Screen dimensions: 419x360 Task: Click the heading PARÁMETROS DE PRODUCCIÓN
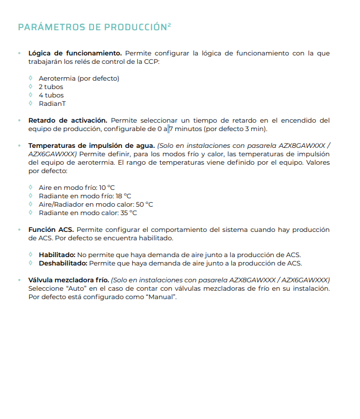92,27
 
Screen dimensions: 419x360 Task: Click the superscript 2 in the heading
169,24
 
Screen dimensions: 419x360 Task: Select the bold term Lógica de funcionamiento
75,53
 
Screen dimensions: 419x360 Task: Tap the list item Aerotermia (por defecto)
78,78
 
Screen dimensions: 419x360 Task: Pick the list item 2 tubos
50,87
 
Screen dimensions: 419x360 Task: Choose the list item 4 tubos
51,95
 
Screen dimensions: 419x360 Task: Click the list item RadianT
52,104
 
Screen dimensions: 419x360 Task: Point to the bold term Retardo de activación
68,120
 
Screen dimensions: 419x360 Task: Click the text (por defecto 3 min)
235,129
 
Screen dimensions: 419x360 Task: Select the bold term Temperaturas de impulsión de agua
91,146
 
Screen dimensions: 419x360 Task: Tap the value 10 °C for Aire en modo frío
110,188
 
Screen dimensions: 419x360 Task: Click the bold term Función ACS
51,230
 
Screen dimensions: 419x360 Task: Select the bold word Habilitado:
57,255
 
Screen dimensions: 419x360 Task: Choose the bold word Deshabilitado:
62,263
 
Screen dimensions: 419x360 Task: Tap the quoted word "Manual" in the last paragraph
161,296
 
